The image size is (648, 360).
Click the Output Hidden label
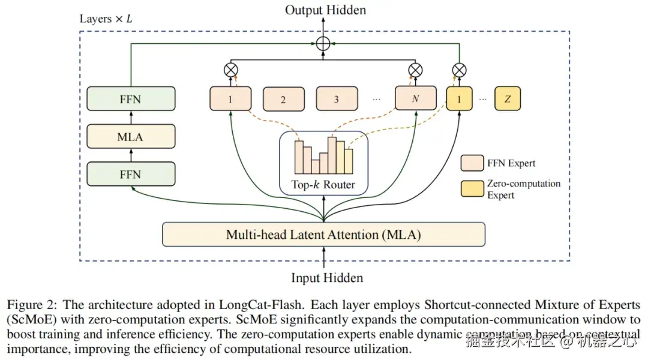click(x=325, y=10)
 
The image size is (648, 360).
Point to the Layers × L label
click(x=106, y=19)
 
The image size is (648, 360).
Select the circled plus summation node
click(x=325, y=43)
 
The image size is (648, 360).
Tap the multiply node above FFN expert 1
click(x=230, y=70)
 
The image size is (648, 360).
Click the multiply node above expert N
click(x=415, y=70)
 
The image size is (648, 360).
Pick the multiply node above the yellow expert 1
click(x=459, y=70)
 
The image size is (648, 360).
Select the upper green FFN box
click(x=131, y=99)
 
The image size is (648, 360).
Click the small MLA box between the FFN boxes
click(x=131, y=137)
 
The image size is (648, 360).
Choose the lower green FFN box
click(x=131, y=174)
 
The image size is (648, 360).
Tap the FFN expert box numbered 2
click(x=283, y=100)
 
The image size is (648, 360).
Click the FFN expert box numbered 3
click(x=336, y=99)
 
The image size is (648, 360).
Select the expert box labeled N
click(x=415, y=99)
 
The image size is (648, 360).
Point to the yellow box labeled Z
click(x=508, y=99)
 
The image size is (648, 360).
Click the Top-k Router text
click(x=323, y=185)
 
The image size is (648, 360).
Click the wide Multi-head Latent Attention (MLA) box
click(x=323, y=235)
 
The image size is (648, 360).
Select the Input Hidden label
click(x=327, y=278)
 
